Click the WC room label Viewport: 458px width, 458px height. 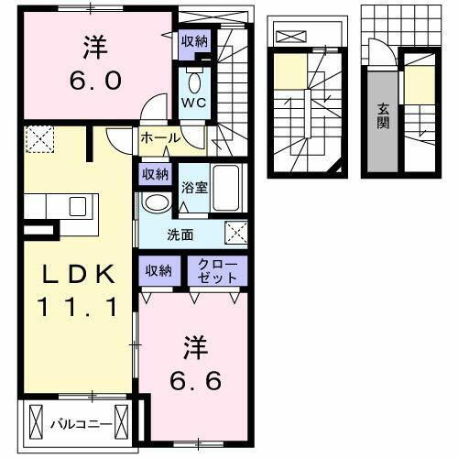[x=194, y=102]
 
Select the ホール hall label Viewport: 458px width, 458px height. [x=159, y=138]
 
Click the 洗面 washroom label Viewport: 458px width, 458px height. [x=180, y=234]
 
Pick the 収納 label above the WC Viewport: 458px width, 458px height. [x=194, y=40]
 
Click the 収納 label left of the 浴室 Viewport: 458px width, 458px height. [x=155, y=173]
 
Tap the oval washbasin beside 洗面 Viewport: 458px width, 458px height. [x=157, y=202]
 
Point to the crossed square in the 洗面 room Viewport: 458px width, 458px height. [x=236, y=233]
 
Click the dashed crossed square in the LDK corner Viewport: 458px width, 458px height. [x=39, y=139]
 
